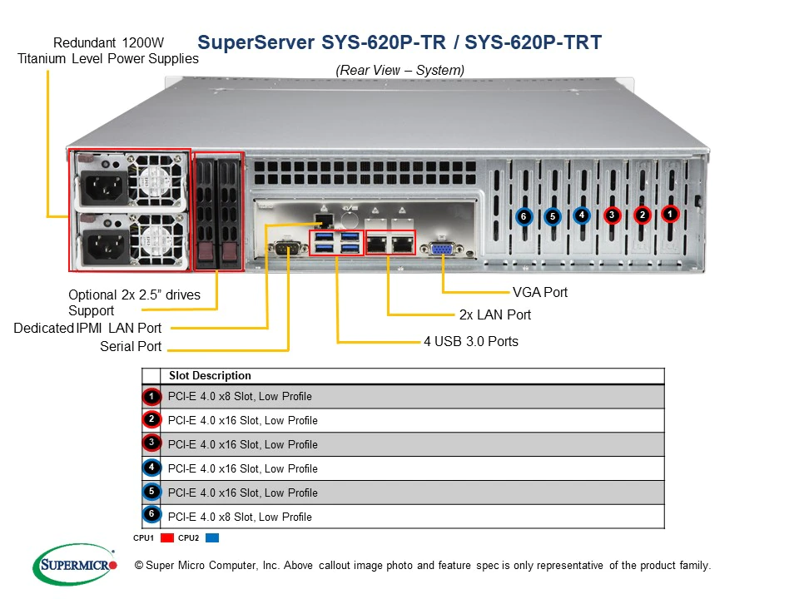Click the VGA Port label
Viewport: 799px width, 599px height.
point(540,292)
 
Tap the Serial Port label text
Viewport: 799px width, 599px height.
point(131,346)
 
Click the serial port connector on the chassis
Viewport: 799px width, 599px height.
point(288,246)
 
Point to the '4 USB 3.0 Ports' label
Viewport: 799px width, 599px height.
point(470,341)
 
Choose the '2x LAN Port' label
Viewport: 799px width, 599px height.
point(494,315)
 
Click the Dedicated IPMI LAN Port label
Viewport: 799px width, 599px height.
point(87,328)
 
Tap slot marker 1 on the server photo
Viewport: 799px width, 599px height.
point(670,214)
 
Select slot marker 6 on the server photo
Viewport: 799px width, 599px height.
point(524,216)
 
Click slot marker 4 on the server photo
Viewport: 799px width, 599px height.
point(582,215)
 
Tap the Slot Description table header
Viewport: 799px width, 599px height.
point(210,376)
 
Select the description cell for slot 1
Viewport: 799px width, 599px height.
point(240,396)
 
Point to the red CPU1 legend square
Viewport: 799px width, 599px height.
point(166,538)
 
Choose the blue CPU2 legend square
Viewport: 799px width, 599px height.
point(211,538)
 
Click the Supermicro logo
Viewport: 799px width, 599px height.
point(75,565)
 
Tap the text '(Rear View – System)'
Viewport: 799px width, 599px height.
point(399,71)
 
